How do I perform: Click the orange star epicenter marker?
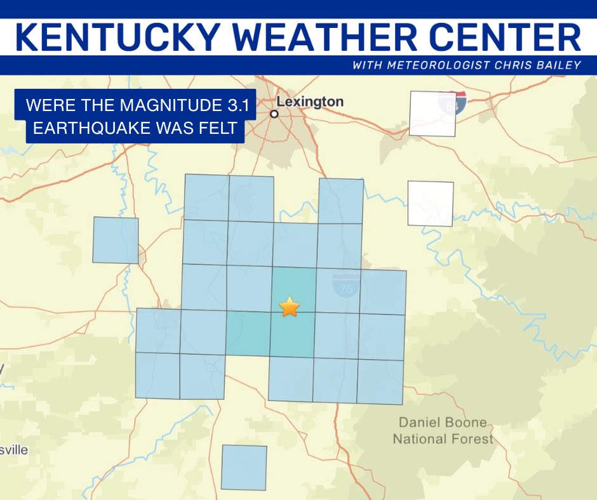[x=289, y=307]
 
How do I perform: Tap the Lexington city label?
[x=311, y=102]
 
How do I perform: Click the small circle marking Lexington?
[x=274, y=114]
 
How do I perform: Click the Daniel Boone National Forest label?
[x=443, y=430]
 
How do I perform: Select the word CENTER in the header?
[x=505, y=37]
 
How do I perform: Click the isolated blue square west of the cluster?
[x=116, y=240]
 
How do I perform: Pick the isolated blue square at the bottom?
[x=244, y=468]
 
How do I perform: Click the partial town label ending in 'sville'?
[x=14, y=450]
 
